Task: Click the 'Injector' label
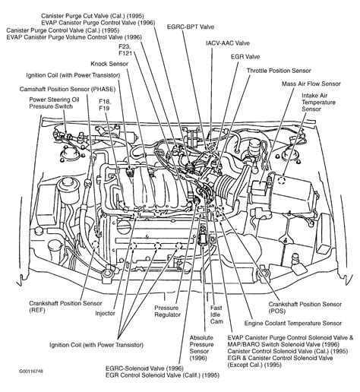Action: tap(105, 311)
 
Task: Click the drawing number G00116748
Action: tap(21, 384)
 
